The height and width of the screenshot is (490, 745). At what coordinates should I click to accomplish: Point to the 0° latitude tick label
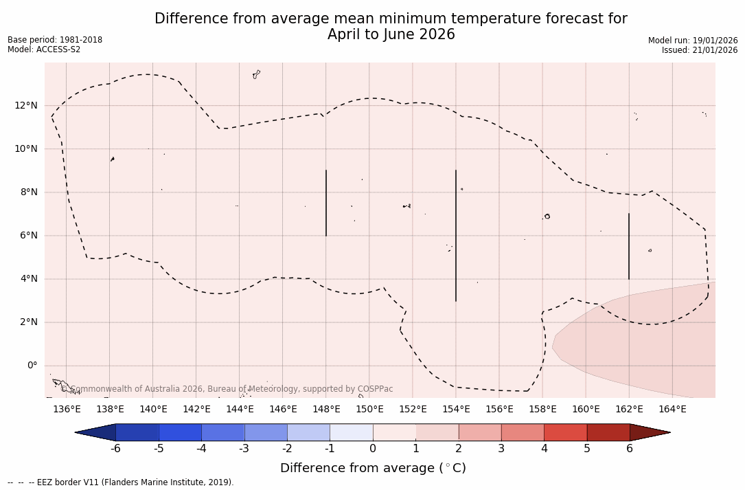32,366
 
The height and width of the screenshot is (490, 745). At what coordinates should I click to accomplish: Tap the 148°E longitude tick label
326,410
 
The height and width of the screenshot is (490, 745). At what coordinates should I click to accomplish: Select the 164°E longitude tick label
672,410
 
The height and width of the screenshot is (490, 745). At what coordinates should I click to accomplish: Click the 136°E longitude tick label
67,410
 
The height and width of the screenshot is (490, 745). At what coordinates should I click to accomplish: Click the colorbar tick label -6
115,449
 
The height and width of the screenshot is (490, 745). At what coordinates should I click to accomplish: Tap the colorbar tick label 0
373,449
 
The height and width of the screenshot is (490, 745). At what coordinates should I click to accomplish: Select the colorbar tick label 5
587,449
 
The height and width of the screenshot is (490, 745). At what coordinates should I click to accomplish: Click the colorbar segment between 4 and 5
565,432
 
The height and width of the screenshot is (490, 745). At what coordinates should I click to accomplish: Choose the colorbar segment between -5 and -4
180,432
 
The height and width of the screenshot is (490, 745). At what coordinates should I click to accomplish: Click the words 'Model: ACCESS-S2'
44,49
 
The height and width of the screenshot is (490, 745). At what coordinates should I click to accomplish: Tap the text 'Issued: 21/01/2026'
700,50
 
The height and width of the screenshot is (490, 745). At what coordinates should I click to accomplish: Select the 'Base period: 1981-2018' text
55,40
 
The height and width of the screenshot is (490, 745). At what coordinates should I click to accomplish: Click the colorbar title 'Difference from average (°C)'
373,469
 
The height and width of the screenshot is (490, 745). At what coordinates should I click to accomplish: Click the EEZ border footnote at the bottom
121,482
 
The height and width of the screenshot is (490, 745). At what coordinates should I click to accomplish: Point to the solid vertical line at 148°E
326,203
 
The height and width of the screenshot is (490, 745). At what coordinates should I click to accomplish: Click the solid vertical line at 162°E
629,246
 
